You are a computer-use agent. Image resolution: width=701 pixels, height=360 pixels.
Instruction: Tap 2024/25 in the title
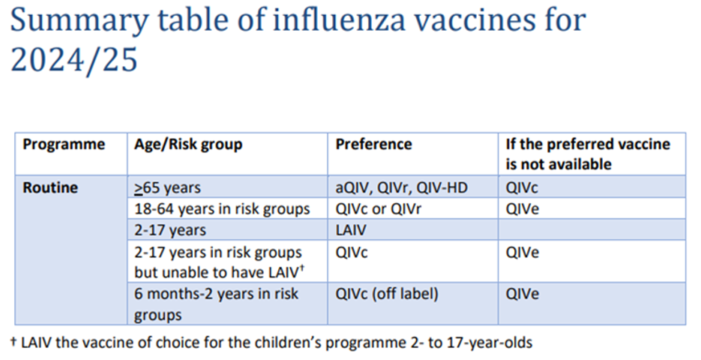pyautogui.click(x=73, y=60)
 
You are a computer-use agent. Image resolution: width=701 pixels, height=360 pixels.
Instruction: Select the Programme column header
pyautogui.click(x=64, y=145)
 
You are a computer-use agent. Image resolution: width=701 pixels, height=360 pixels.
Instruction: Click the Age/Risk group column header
pyautogui.click(x=188, y=145)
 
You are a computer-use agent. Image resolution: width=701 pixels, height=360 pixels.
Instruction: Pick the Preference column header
pyautogui.click(x=374, y=144)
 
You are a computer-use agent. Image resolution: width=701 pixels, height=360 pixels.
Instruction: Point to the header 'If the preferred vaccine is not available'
pyautogui.click(x=588, y=154)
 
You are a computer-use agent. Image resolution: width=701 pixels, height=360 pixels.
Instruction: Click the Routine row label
pyautogui.click(x=50, y=187)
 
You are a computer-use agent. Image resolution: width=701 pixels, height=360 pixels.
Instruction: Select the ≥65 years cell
pyautogui.click(x=167, y=187)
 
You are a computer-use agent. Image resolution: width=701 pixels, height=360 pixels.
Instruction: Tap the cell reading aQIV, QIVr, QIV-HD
pyautogui.click(x=401, y=187)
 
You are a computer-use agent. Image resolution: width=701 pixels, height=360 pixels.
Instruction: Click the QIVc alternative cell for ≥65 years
pyautogui.click(x=522, y=187)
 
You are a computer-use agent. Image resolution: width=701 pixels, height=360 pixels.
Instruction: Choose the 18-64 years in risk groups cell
pyautogui.click(x=222, y=208)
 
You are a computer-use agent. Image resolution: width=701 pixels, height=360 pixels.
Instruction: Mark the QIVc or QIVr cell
pyautogui.click(x=378, y=208)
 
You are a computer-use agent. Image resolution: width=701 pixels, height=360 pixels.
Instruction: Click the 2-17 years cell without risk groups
pyautogui.click(x=170, y=229)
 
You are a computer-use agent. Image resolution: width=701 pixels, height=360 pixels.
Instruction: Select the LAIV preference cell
pyautogui.click(x=351, y=229)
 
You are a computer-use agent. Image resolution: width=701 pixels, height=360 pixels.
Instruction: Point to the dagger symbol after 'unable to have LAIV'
pyautogui.click(x=302, y=268)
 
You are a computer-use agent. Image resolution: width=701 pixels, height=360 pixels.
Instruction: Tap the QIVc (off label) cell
pyautogui.click(x=387, y=294)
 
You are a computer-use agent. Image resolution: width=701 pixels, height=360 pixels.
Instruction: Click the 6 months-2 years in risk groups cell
pyautogui.click(x=217, y=304)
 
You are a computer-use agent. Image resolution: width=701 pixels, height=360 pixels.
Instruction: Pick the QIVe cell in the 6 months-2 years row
pyautogui.click(x=522, y=294)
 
